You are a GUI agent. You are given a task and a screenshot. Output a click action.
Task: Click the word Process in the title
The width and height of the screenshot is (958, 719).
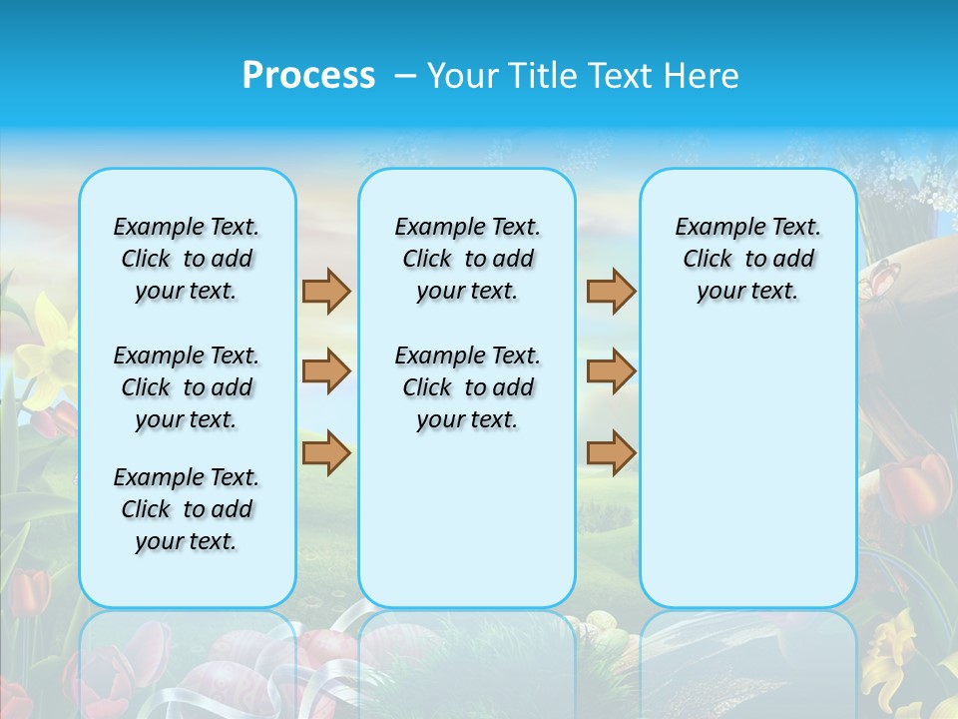[308, 76]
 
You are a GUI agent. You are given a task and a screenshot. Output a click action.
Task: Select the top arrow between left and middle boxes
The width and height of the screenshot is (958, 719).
[326, 291]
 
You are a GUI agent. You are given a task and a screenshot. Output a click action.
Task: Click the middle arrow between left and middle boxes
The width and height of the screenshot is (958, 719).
[326, 371]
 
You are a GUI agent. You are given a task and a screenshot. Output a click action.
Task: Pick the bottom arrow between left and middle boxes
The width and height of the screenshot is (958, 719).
[326, 453]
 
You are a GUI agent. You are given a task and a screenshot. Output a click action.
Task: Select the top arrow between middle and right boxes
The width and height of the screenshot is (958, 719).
[611, 291]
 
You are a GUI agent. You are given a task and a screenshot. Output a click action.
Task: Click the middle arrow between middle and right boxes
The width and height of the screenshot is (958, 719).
[611, 371]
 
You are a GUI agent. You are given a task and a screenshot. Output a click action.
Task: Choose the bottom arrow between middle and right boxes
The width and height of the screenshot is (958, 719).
[611, 453]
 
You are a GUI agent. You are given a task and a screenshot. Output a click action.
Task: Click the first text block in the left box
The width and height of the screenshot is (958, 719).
[187, 259]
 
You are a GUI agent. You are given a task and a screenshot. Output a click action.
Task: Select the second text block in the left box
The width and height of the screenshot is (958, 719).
[187, 387]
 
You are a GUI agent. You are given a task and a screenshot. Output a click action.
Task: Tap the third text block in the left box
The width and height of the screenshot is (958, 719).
[187, 509]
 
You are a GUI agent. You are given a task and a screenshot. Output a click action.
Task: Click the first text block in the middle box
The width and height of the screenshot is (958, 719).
[467, 259]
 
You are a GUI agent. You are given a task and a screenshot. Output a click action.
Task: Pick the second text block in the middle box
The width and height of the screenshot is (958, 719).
[467, 387]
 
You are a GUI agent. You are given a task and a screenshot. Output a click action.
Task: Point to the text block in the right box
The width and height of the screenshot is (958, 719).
[747, 259]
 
